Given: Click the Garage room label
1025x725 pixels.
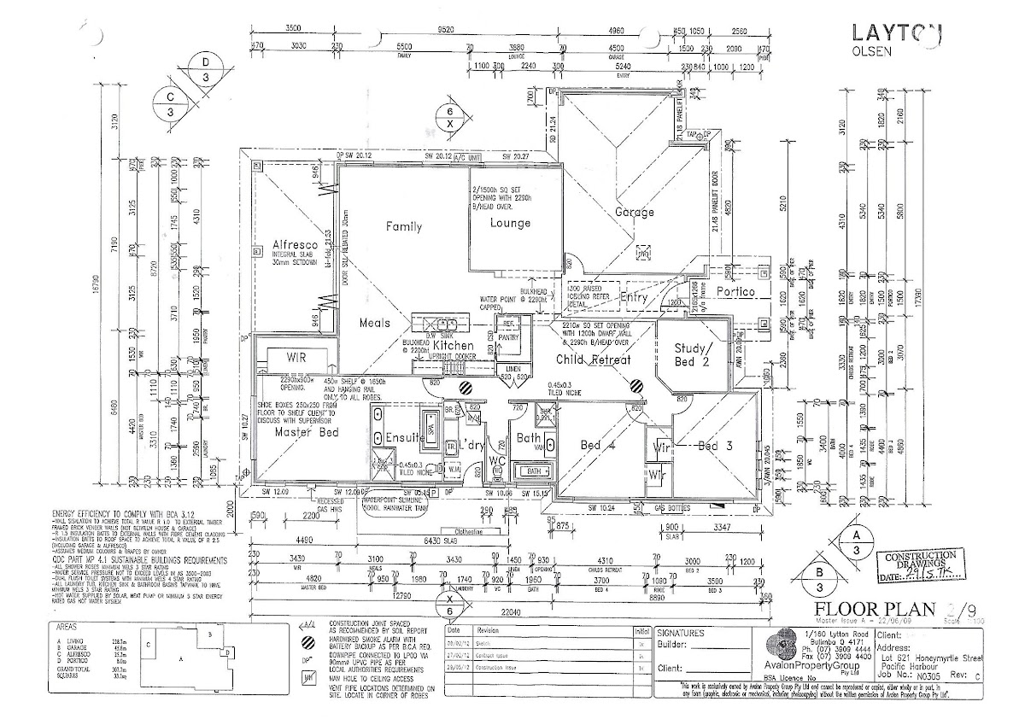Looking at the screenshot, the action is tap(634, 212).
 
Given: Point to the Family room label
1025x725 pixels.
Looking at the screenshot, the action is tap(403, 227).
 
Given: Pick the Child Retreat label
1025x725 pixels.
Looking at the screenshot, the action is tap(593, 360).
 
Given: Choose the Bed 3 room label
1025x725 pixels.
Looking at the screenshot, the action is tap(714, 446).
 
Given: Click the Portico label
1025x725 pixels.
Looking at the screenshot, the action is tap(737, 291).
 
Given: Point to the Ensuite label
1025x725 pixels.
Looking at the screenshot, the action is tap(403, 439).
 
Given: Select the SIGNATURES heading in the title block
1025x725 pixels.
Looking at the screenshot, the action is tap(682, 634).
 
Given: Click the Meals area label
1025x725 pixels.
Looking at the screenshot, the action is tap(374, 323).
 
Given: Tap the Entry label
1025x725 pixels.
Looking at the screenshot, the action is tap(634, 298).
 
